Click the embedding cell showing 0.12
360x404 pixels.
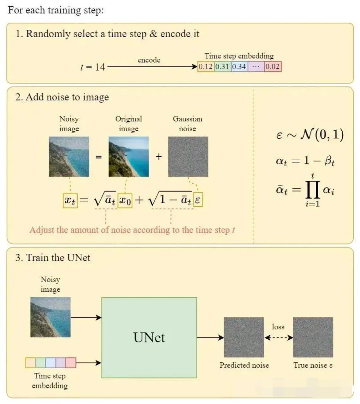point(206,67)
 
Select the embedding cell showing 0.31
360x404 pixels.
point(223,67)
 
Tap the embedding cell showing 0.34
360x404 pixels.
point(239,67)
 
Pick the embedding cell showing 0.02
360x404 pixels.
point(273,67)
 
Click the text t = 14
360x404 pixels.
point(92,67)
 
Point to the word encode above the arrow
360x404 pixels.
point(149,60)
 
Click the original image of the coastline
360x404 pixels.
point(129,157)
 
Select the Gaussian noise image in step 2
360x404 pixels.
point(188,157)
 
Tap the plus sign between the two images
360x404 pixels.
point(159,157)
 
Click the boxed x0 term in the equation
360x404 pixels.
point(125,201)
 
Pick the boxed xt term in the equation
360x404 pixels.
point(70,201)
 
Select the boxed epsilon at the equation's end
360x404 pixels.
point(198,199)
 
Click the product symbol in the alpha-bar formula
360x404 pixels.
point(313,190)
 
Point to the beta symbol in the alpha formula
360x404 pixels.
point(329,161)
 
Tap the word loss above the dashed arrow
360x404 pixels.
point(278,327)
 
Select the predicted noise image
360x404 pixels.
point(244,337)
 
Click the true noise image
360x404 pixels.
point(313,337)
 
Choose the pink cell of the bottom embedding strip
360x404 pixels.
point(71,363)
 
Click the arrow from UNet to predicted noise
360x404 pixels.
point(210,338)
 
